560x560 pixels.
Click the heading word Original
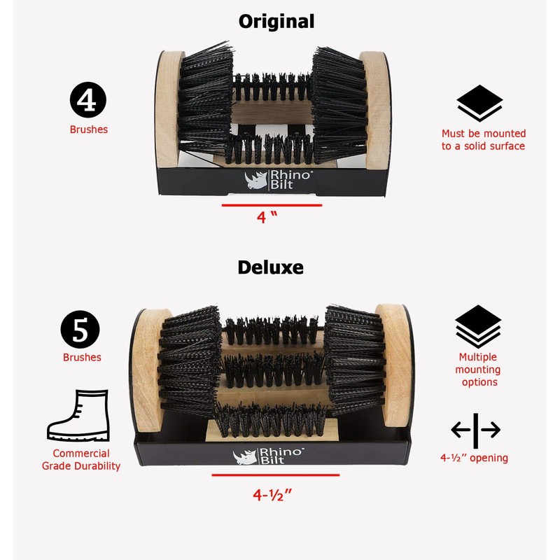tap(276, 21)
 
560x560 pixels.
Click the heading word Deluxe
tap(270, 267)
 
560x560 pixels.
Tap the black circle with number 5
tap(80, 330)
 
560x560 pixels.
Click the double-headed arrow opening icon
tap(475, 430)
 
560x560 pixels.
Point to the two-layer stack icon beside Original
tap(479, 104)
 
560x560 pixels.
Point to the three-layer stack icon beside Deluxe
tap(478, 326)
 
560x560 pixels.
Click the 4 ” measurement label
tap(262, 217)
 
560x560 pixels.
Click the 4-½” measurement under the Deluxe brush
tap(272, 494)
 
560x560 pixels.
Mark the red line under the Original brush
tap(272, 205)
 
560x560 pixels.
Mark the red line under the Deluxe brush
tap(275, 475)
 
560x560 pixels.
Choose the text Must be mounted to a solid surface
tap(483, 140)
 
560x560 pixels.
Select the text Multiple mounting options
tap(478, 370)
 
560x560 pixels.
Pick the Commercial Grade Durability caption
tap(81, 460)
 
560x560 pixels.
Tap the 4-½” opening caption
tap(474, 458)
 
